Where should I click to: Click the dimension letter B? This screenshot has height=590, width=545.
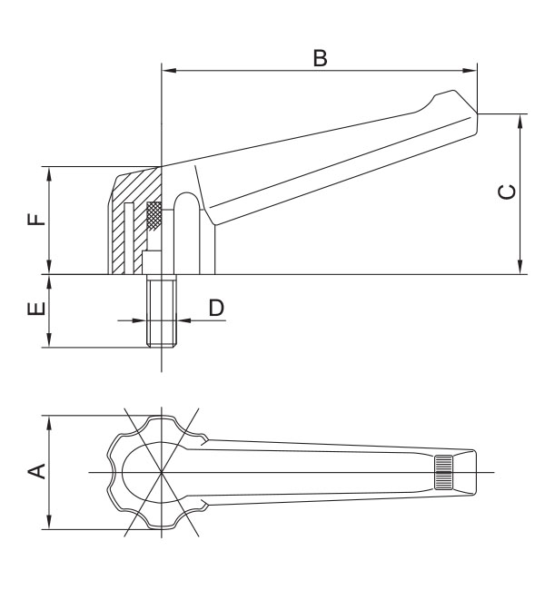click(x=320, y=57)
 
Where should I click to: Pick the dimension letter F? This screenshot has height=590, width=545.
click(x=34, y=220)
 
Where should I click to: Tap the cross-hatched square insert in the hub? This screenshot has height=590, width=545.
click(x=154, y=214)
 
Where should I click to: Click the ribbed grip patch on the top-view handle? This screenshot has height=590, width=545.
click(x=443, y=471)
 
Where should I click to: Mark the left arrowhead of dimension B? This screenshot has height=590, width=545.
click(x=165, y=69)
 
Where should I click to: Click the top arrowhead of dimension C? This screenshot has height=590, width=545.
click(x=520, y=118)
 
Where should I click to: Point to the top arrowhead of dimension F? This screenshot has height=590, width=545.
click(x=47, y=172)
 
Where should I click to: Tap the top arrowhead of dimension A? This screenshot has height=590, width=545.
click(x=47, y=420)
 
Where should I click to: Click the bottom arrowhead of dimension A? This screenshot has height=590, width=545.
click(x=47, y=524)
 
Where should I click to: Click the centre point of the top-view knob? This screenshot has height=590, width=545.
click(x=160, y=472)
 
